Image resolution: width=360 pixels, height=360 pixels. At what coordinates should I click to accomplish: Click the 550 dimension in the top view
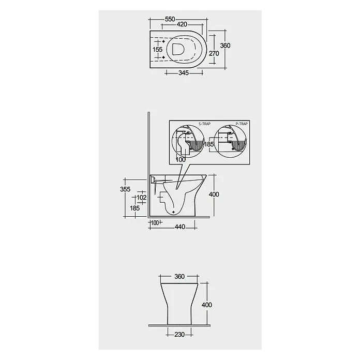pyautogui.click(x=170, y=19)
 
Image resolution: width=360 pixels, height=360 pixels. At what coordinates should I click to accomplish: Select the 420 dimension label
pyautogui.click(x=182, y=24)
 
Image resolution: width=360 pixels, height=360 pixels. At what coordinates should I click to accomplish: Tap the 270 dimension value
pyautogui.click(x=214, y=53)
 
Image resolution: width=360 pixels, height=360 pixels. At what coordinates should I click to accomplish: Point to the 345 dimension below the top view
pyautogui.click(x=184, y=73)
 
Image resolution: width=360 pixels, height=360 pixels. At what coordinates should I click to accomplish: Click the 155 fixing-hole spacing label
pyautogui.click(x=157, y=49)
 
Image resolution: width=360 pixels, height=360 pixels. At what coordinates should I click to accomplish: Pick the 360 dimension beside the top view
pyautogui.click(x=225, y=46)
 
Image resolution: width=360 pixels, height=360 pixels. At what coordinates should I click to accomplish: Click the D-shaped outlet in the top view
pyautogui.click(x=178, y=49)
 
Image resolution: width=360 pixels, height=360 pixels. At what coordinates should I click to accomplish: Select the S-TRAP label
pyautogui.click(x=204, y=124)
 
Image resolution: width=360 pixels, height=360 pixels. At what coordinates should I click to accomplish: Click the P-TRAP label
pyautogui.click(x=242, y=124)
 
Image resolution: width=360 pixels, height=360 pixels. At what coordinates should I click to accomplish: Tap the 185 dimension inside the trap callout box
pyautogui.click(x=208, y=144)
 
